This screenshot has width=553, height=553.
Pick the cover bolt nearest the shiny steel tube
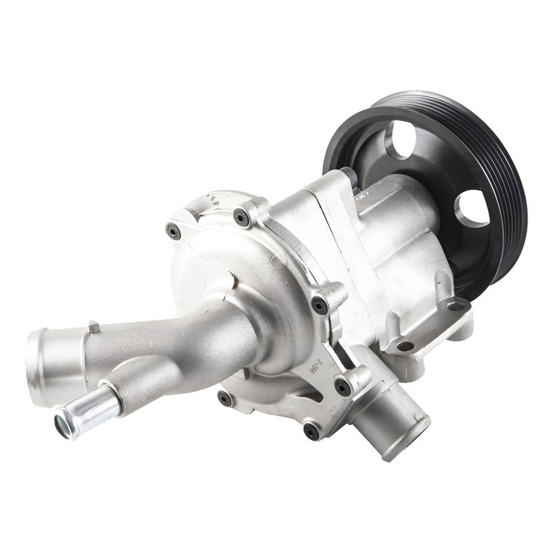[223, 397]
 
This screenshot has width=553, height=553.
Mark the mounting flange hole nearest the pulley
[451, 305]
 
